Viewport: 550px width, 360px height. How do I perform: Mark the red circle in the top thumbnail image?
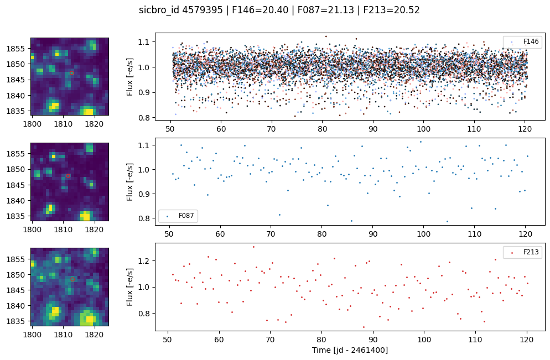pyautogui.click(x=72, y=72)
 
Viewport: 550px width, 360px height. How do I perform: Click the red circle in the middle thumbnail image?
pyautogui.click(x=68, y=176)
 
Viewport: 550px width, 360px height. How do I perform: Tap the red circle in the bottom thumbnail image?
pyautogui.click(x=72, y=279)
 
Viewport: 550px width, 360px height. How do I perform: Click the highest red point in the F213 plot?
pyautogui.click(x=254, y=247)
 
